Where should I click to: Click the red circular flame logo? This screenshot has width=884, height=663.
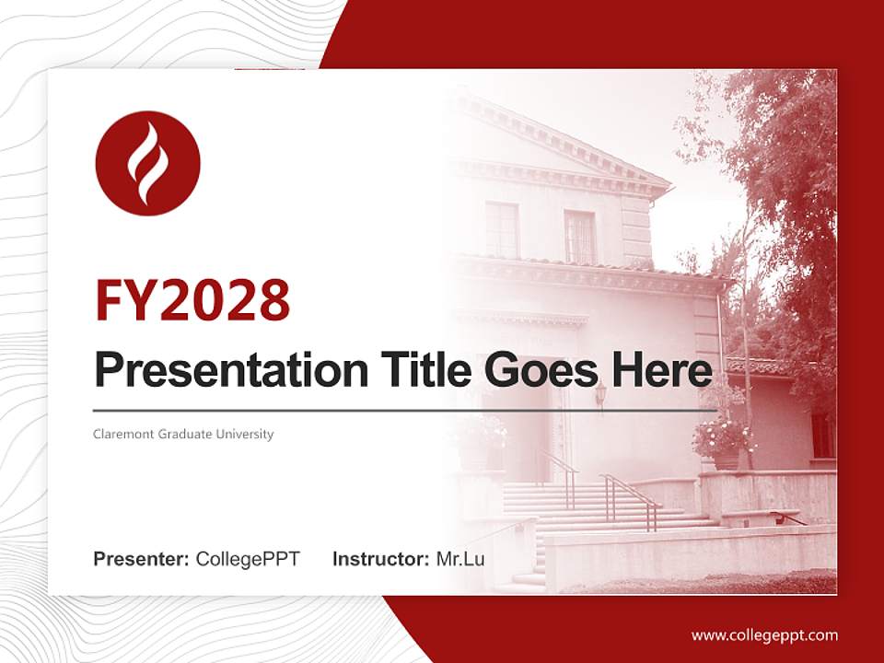click(x=147, y=163)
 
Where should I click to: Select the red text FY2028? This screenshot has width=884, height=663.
click(x=192, y=299)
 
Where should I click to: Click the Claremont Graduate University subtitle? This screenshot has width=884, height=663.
click(x=183, y=434)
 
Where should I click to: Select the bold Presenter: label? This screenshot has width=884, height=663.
click(x=142, y=559)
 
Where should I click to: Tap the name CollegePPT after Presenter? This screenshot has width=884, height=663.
click(x=248, y=559)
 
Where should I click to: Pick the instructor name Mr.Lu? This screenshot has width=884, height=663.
click(x=460, y=559)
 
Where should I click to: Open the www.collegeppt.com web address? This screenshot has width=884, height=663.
click(x=764, y=635)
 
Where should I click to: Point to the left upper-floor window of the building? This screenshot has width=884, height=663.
click(x=502, y=230)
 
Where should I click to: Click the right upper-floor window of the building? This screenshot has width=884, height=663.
click(x=579, y=238)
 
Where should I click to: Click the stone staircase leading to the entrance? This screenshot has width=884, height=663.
click(x=589, y=516)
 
